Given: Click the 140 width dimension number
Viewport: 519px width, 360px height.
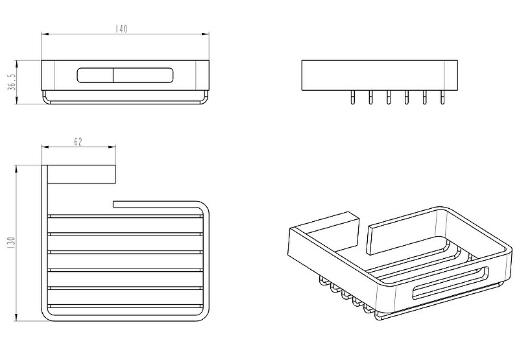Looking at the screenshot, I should pos(122,29).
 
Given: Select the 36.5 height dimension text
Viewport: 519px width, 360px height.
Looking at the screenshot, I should pos(11,83).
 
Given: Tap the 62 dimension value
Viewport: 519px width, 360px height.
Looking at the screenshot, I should pos(78,143).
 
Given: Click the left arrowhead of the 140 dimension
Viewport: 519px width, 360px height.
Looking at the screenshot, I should pos(43,34).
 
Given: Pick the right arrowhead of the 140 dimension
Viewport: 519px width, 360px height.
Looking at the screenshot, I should pos(207,34).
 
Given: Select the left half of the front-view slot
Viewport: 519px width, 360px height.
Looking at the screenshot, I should pos(95,75).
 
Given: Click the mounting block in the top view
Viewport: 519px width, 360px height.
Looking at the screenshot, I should pos(83,174).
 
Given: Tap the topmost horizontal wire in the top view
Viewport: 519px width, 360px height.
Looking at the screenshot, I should pos(126,215).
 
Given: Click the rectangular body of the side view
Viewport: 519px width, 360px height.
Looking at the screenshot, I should pos(380,75).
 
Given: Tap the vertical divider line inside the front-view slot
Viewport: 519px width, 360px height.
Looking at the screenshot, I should pos(114,75).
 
